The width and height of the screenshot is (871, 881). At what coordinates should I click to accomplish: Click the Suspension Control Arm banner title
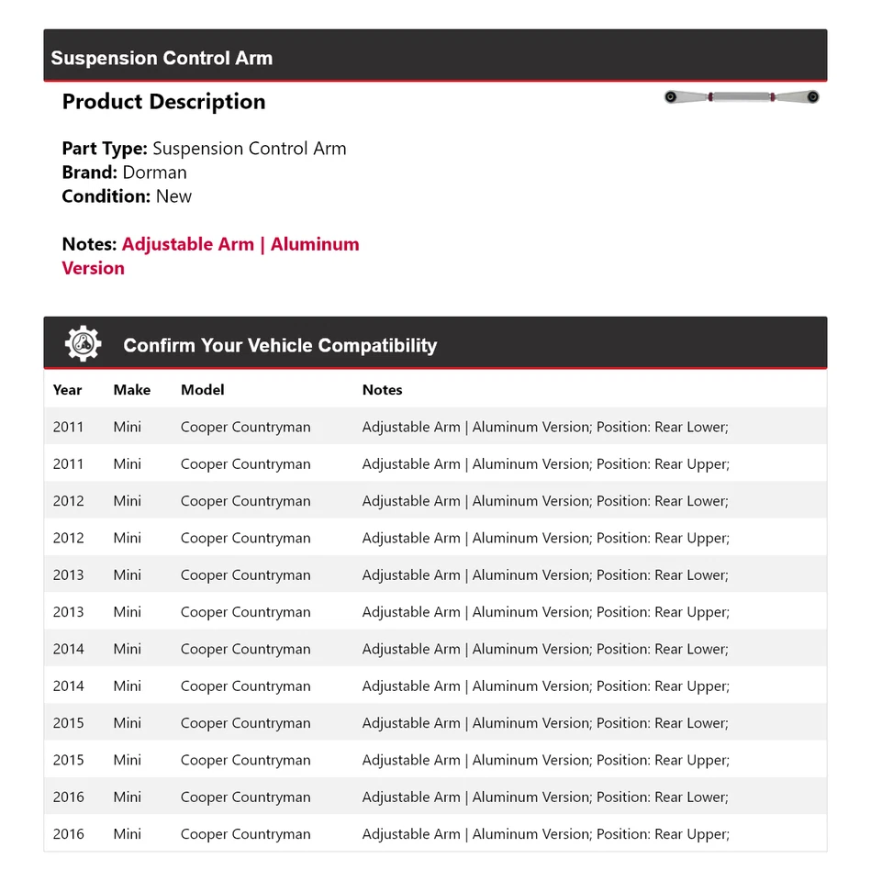[x=162, y=58]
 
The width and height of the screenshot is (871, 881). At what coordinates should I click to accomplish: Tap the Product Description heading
[x=163, y=102]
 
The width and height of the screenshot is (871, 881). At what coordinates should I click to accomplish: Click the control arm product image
[x=742, y=97]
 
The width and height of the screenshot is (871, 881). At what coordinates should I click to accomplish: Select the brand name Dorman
[x=154, y=173]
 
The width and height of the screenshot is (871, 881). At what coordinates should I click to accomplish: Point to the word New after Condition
[x=173, y=196]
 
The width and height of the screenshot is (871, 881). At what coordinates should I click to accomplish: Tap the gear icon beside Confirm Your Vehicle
[x=83, y=344]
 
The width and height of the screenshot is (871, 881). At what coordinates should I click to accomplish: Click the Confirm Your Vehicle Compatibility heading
[x=280, y=346]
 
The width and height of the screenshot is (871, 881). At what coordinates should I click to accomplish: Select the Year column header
[x=67, y=390]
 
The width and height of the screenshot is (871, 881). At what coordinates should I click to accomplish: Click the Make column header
[x=131, y=390]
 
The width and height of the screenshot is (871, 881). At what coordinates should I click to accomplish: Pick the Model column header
[x=202, y=390]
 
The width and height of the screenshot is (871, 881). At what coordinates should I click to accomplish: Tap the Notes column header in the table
[x=382, y=390]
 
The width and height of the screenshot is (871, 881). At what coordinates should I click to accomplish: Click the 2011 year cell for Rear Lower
[x=68, y=427]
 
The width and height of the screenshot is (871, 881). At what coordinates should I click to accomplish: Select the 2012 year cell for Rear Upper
[x=68, y=538]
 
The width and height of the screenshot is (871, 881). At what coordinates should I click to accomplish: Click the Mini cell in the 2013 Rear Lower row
[x=128, y=575]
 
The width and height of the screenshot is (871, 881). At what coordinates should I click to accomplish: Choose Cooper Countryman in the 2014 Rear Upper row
[x=245, y=686]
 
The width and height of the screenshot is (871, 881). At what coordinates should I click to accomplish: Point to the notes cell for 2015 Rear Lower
[x=545, y=723]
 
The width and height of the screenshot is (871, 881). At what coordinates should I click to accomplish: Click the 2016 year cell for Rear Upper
[x=68, y=834]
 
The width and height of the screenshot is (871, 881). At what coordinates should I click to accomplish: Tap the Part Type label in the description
[x=104, y=149]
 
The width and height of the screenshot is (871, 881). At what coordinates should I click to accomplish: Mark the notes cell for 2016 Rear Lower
[x=545, y=797]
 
